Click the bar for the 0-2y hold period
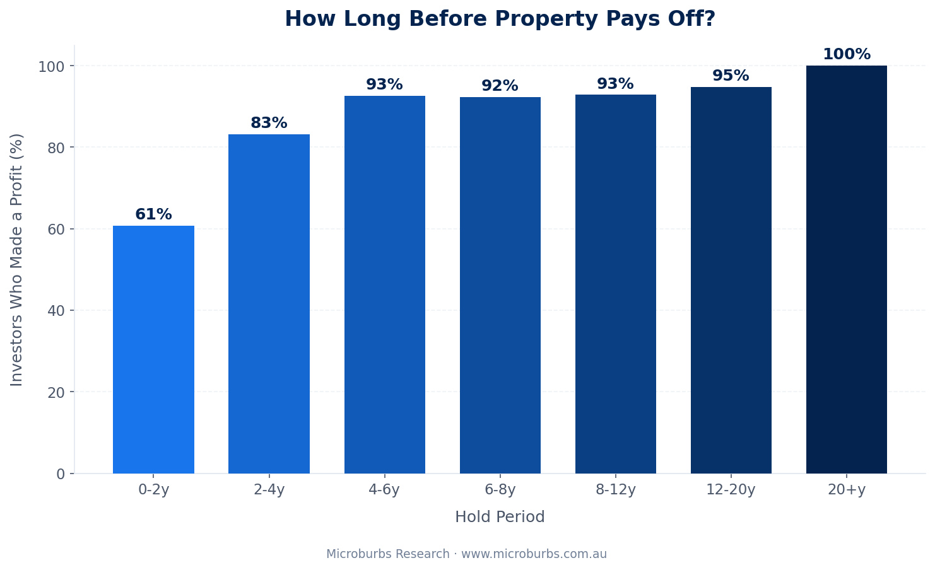(153, 349)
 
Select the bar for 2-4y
(269, 304)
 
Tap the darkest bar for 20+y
(846, 269)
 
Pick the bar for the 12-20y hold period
(731, 280)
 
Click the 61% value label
(153, 215)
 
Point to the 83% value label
(269, 124)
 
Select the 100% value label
(846, 55)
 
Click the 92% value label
(500, 86)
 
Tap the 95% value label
(731, 76)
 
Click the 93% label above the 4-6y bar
(384, 85)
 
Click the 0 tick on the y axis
(61, 474)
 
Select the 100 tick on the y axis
(51, 66)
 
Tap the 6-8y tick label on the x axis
(500, 490)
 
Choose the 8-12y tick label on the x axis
(615, 490)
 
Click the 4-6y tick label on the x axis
(384, 490)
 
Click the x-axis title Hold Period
(500, 518)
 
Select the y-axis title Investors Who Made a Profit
(17, 259)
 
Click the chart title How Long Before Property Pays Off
(500, 20)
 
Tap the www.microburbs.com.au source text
(534, 554)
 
